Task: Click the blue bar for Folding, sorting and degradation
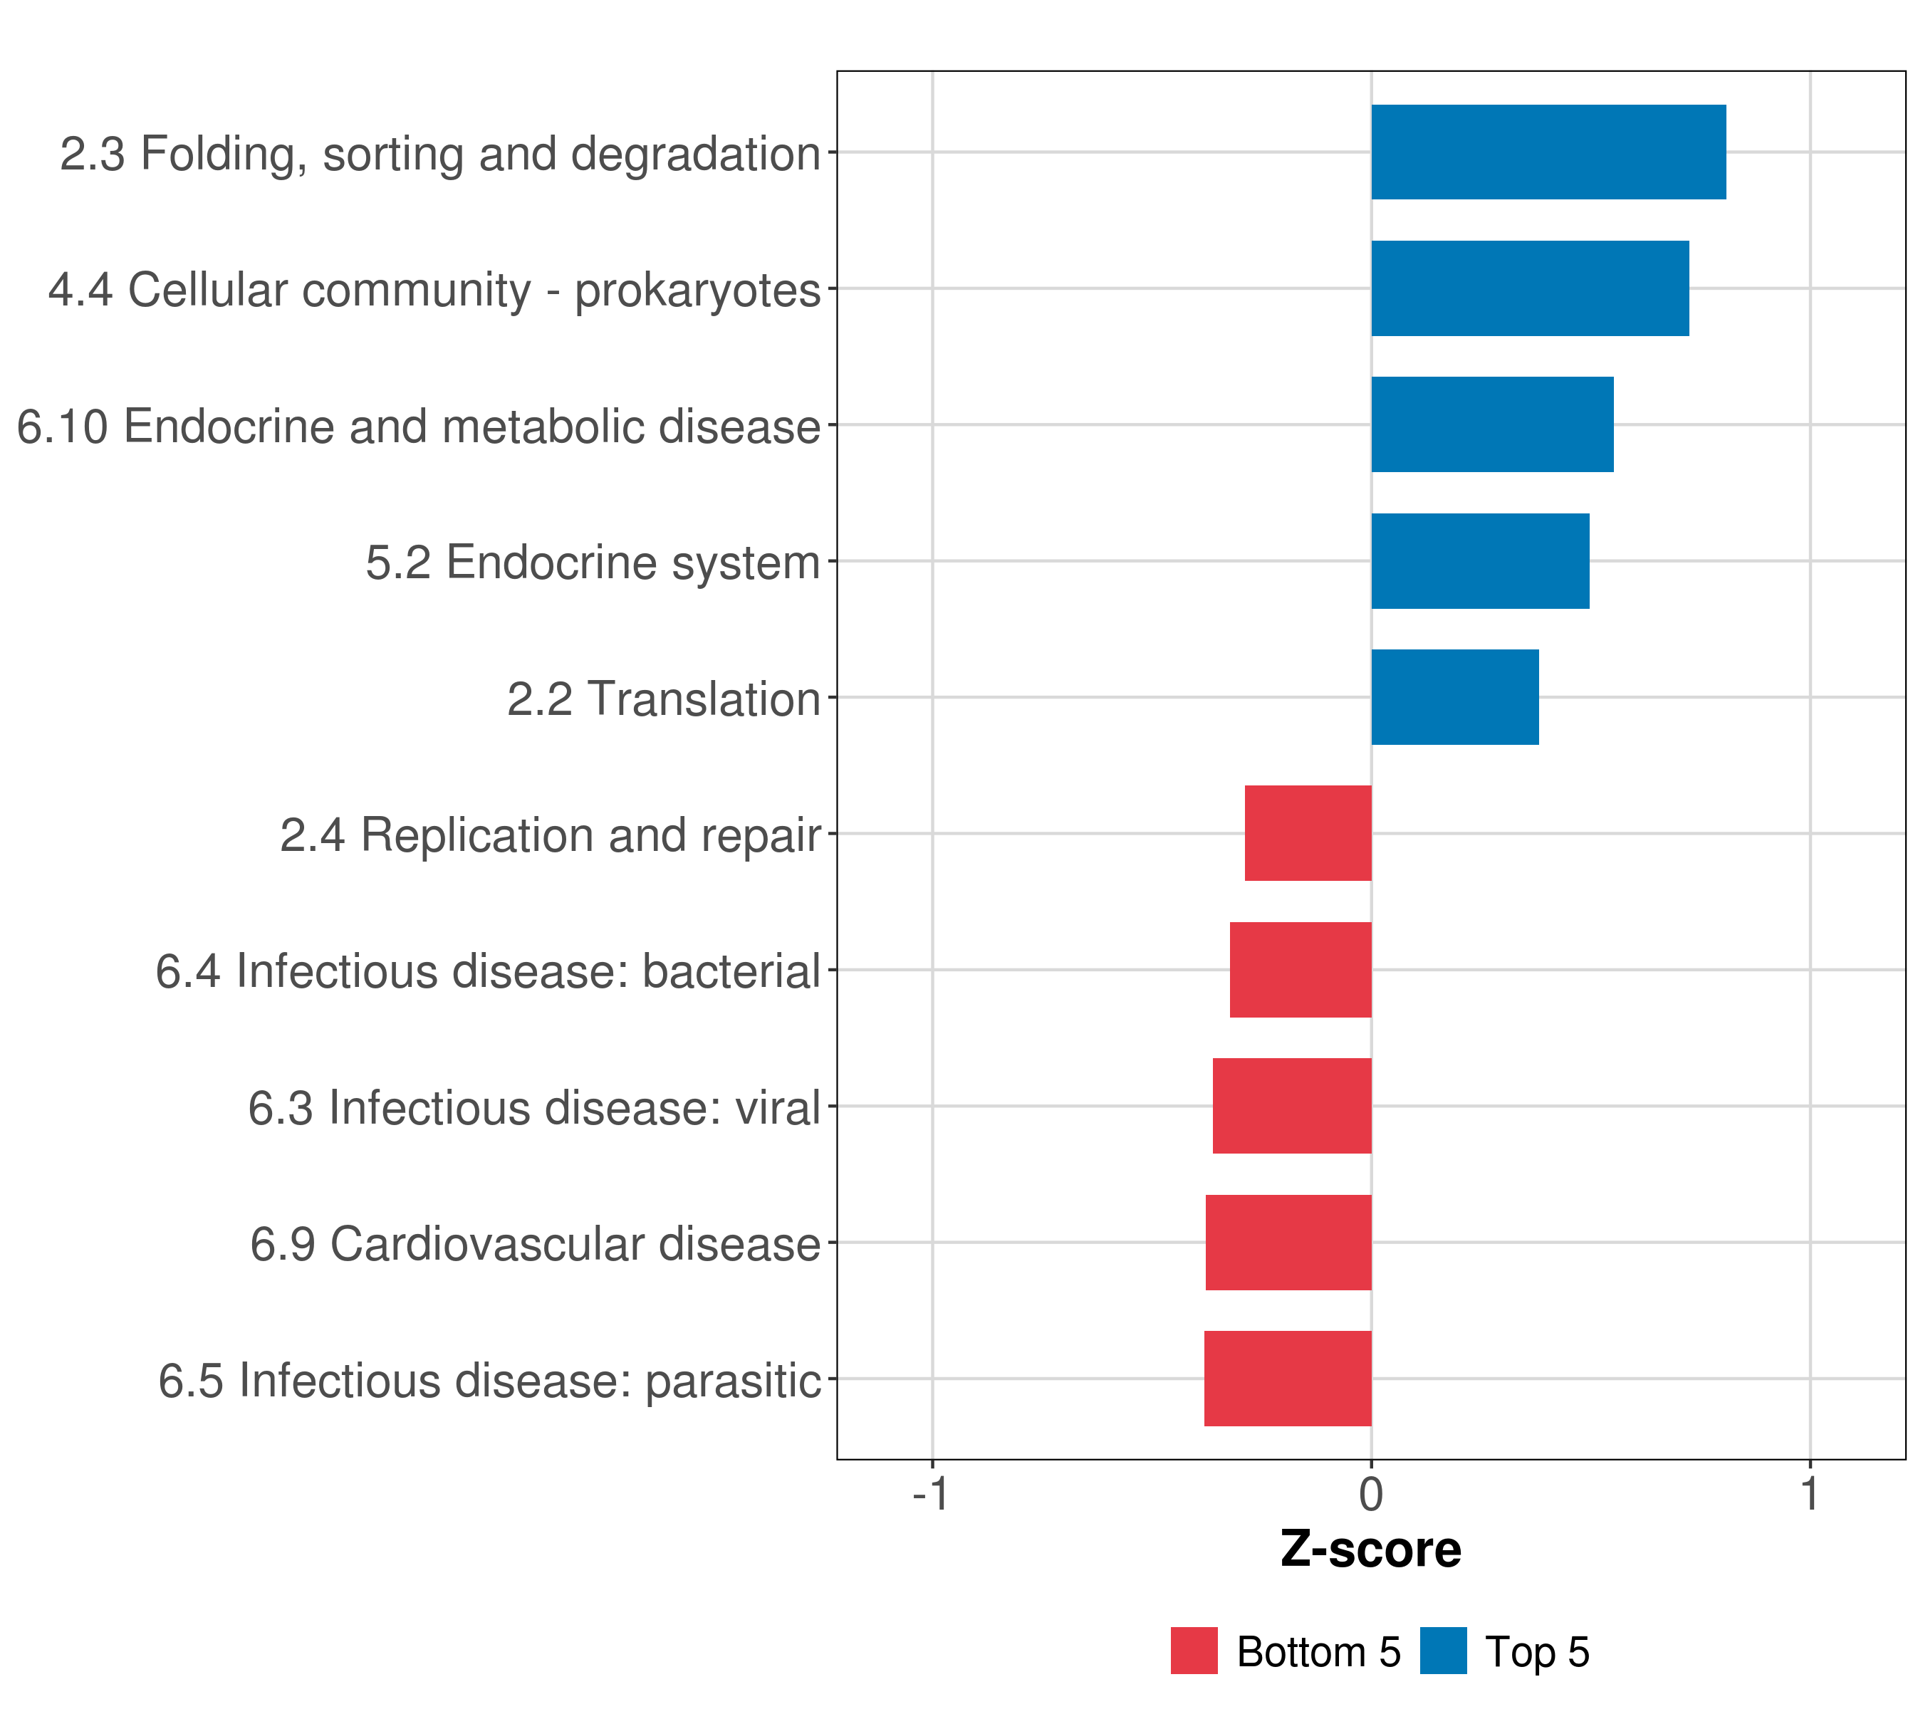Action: pos(1548,152)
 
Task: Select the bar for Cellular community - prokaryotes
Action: pos(1530,289)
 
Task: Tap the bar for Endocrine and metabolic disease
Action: pos(1492,424)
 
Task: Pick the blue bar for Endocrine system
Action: pos(1480,562)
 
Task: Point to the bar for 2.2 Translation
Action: pos(1454,697)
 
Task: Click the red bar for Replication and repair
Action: pos(1308,833)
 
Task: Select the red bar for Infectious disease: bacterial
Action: pos(1301,970)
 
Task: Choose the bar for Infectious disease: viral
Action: pos(1292,1106)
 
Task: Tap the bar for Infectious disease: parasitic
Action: pos(1287,1379)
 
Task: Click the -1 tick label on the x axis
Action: pos(930,1495)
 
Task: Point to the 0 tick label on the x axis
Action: pos(1371,1495)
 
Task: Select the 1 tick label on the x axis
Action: pos(1809,1495)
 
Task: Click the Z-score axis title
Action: pos(1371,1550)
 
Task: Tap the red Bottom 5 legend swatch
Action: pos(1194,1651)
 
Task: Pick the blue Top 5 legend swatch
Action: pos(1443,1651)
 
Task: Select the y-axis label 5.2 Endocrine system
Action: pos(593,563)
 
